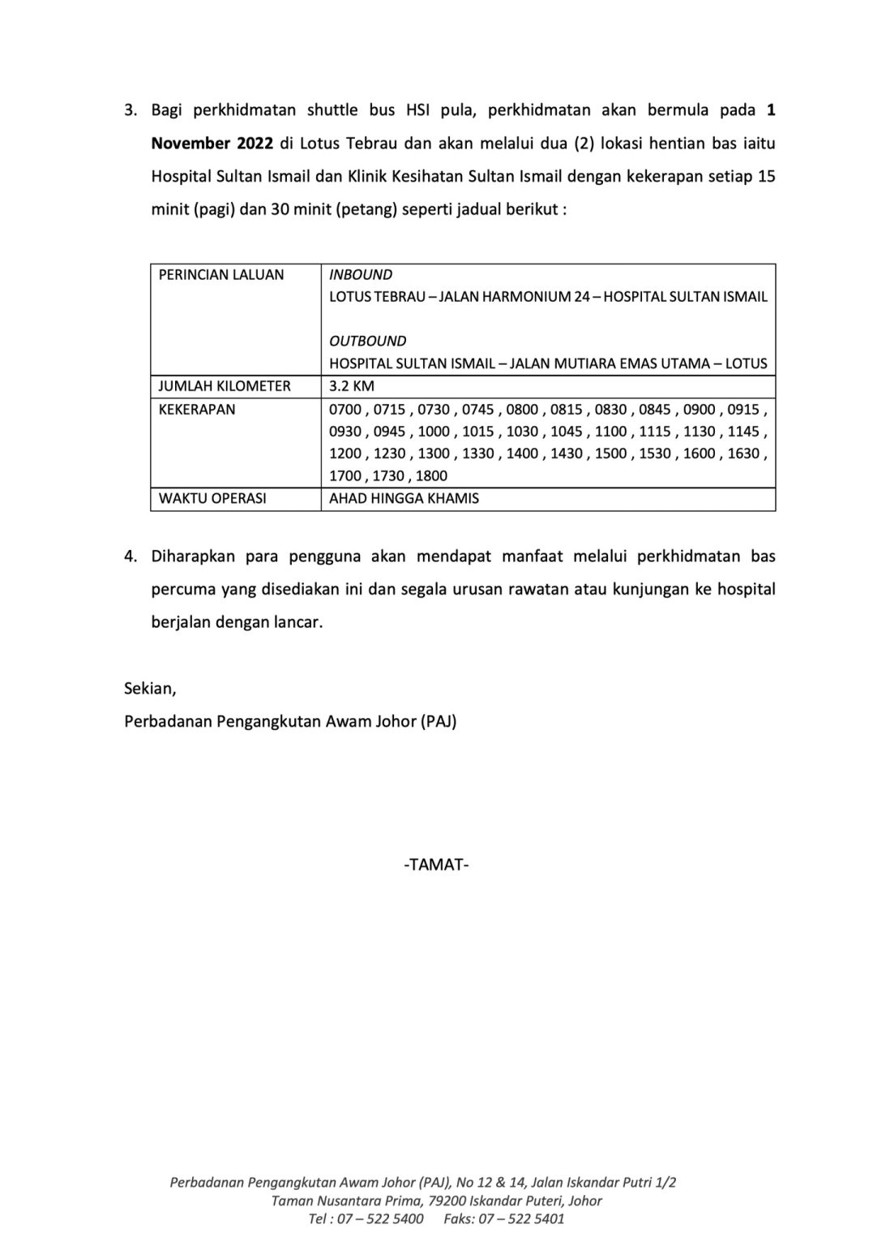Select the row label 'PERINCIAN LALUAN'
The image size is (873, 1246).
pyautogui.click(x=221, y=275)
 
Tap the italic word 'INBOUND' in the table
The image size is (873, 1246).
pyautogui.click(x=361, y=275)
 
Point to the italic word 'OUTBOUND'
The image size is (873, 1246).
pyautogui.click(x=367, y=341)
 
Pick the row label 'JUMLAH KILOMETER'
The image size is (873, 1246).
pyautogui.click(x=225, y=386)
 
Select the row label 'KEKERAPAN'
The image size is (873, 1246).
pyautogui.click(x=197, y=409)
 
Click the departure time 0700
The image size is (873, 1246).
pyautogui.click(x=345, y=410)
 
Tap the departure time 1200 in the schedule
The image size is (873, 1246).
pyautogui.click(x=345, y=453)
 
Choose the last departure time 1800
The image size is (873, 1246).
pyautogui.click(x=431, y=476)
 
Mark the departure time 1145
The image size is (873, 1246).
pyautogui.click(x=743, y=432)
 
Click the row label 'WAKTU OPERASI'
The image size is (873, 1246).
pyautogui.click(x=212, y=498)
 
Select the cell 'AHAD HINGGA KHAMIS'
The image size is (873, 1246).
pyautogui.click(x=404, y=498)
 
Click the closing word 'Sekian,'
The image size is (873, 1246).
pyautogui.click(x=150, y=689)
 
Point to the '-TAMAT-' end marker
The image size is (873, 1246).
pyautogui.click(x=436, y=865)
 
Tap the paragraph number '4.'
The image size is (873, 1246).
pyautogui.click(x=131, y=556)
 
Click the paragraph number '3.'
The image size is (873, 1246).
pyautogui.click(x=131, y=110)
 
